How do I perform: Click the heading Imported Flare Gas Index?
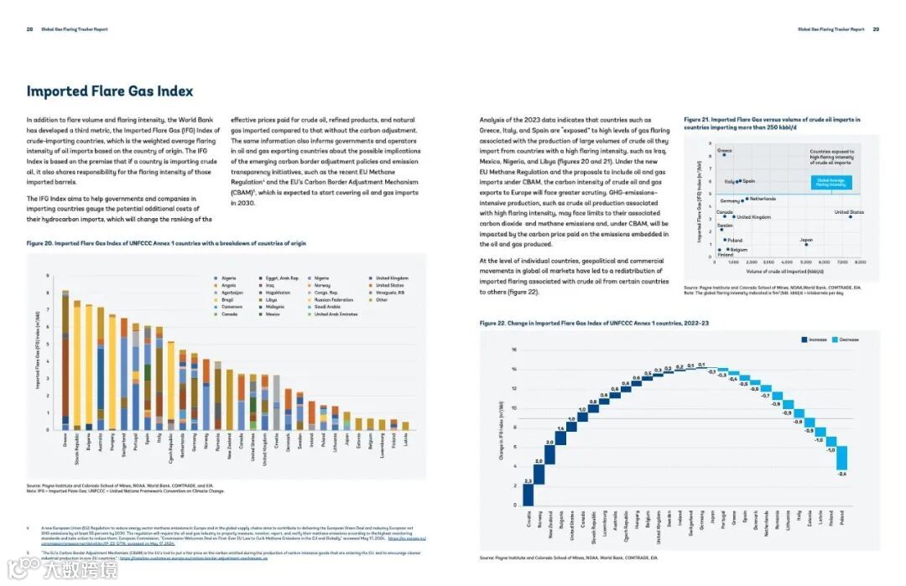pos(110,91)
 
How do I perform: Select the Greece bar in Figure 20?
pos(65,360)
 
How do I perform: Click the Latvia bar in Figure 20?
pos(405,426)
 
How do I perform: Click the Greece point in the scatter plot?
pos(724,155)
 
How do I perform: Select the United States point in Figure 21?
pos(850,216)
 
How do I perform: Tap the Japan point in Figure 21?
pos(806,244)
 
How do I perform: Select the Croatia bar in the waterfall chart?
pos(528,495)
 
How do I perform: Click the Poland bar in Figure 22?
pos(841,459)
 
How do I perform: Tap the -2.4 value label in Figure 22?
pos(841,475)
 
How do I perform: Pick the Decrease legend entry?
pos(846,340)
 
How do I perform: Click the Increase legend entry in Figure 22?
pos(816,340)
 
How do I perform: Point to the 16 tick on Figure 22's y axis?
pos(501,350)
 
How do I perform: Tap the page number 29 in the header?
pos(876,29)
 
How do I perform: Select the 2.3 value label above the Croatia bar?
pos(528,480)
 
